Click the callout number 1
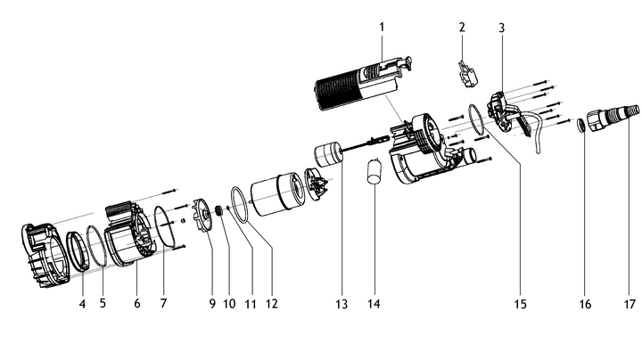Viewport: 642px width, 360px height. (x=381, y=27)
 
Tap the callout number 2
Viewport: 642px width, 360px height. (x=462, y=27)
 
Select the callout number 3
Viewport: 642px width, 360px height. (x=502, y=28)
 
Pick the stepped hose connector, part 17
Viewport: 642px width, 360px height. (x=614, y=117)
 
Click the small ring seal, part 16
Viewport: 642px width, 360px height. (x=581, y=125)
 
